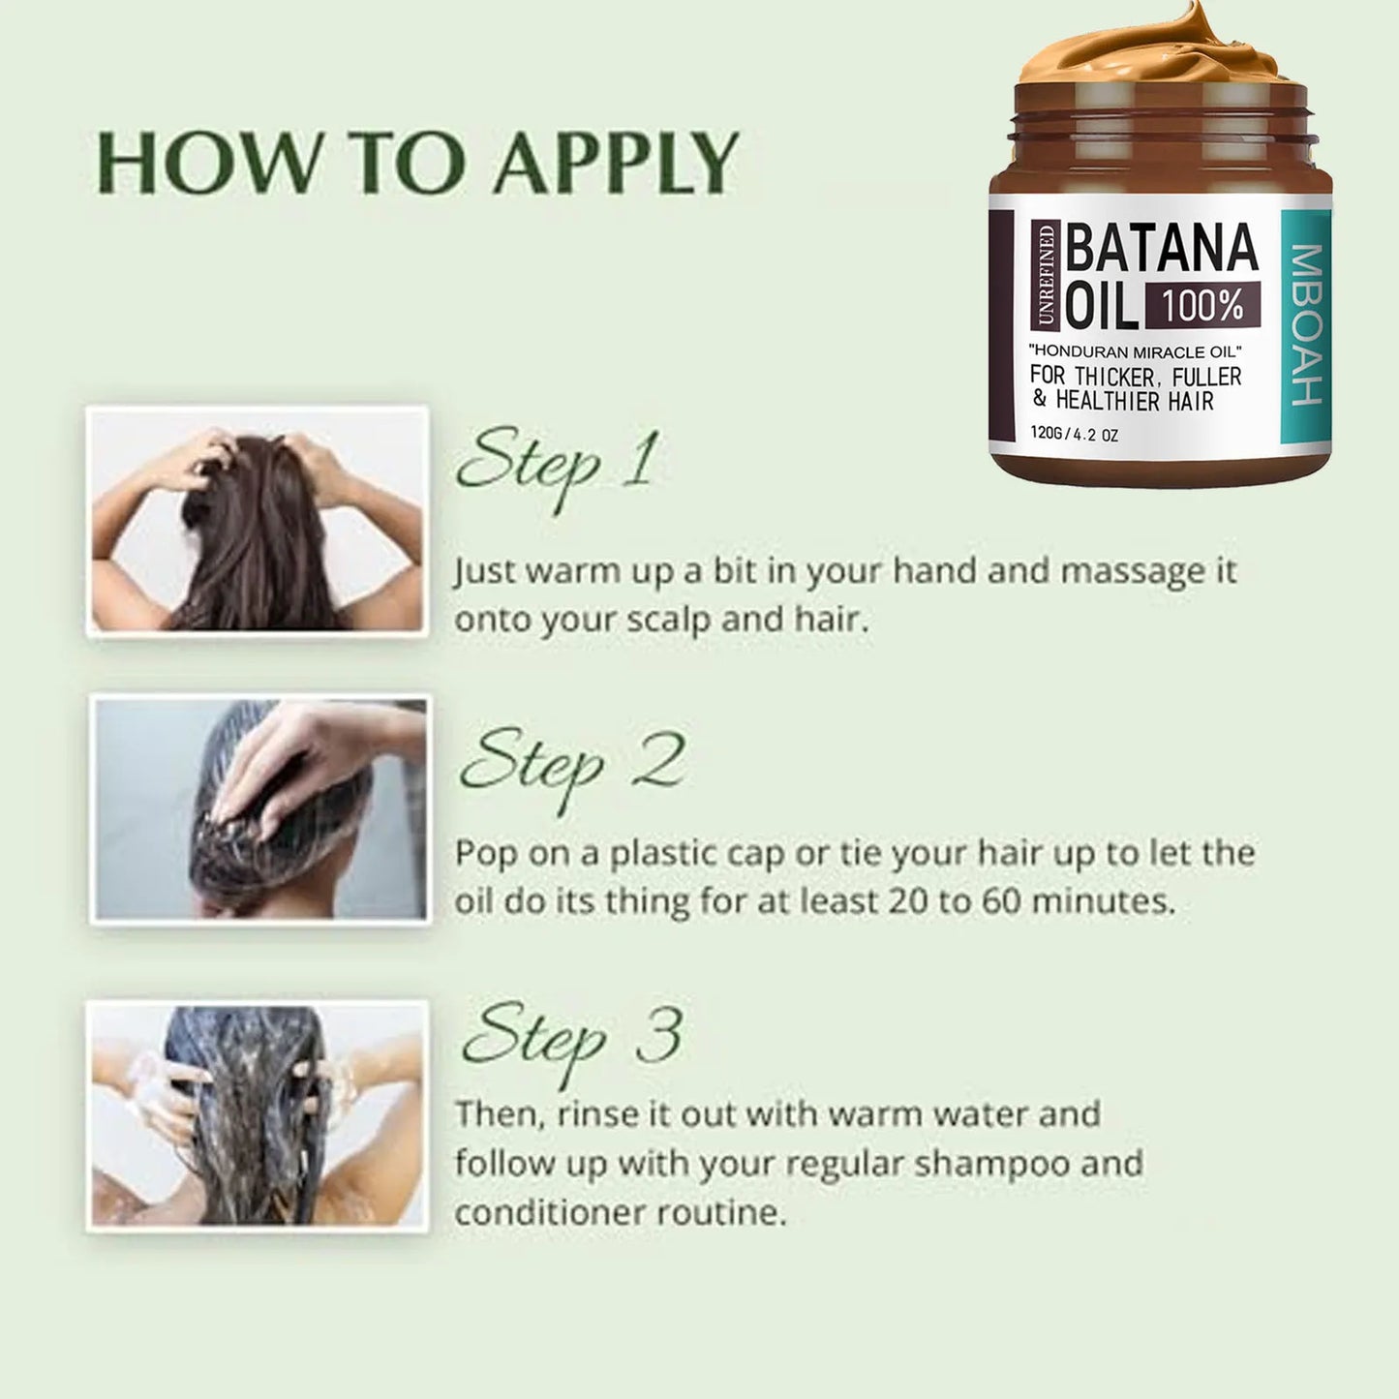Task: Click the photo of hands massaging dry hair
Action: (258, 521)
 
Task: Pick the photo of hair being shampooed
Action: (258, 1115)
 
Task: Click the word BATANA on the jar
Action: (1162, 249)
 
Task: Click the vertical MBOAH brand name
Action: (1307, 324)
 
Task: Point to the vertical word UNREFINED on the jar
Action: (1047, 274)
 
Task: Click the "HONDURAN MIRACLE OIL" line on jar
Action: (1135, 350)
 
